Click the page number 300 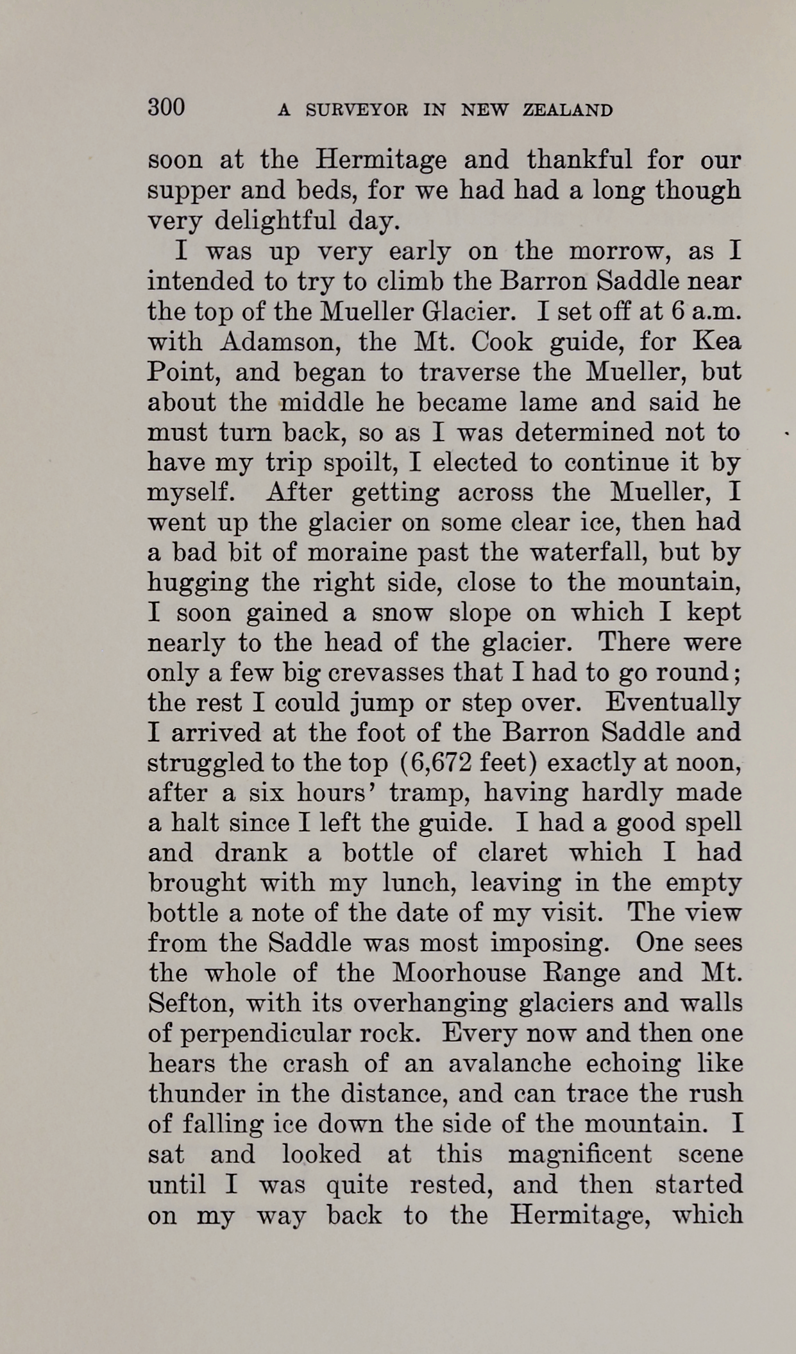tap(166, 106)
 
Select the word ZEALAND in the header tap(568, 110)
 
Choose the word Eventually tap(673, 703)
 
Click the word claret tap(512, 853)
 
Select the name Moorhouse tap(459, 974)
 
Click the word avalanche tap(501, 1064)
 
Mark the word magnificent tap(579, 1155)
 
